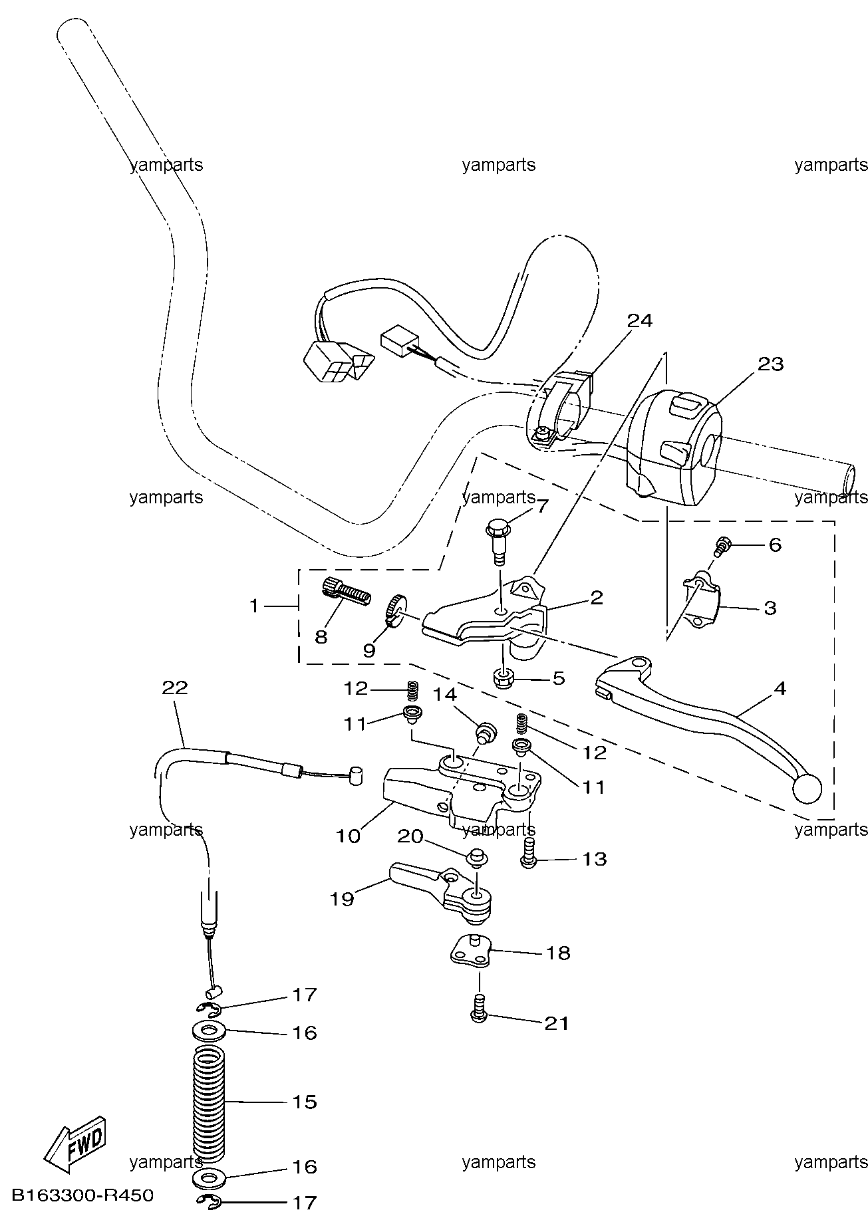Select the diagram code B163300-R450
click(83, 1195)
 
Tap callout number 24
click(640, 320)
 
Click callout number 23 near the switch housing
click(770, 364)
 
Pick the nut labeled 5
click(504, 678)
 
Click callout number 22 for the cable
click(175, 687)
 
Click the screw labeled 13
click(529, 852)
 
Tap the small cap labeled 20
click(476, 858)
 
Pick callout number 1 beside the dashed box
click(253, 606)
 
